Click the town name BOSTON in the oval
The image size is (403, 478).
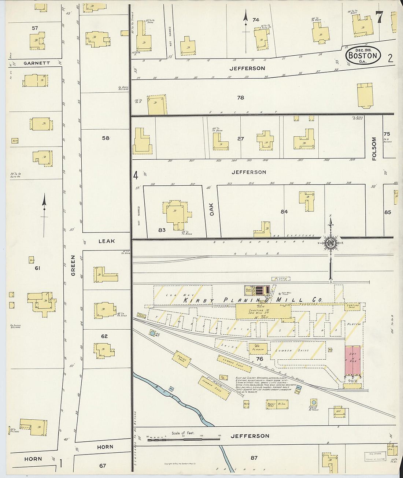362,56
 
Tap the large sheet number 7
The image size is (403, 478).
379,17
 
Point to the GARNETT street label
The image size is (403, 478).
37,63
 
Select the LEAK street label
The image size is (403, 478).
107,241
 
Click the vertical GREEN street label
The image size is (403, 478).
73,266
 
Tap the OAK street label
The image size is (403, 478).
211,209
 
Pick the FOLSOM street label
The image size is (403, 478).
374,149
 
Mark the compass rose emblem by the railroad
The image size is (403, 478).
331,242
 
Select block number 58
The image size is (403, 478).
106,138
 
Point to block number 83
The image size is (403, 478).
162,230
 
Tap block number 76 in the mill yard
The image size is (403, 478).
259,359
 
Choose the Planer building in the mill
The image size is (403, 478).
258,348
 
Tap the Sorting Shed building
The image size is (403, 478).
352,307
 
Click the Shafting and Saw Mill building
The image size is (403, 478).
263,311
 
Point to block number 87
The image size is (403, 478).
254,457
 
